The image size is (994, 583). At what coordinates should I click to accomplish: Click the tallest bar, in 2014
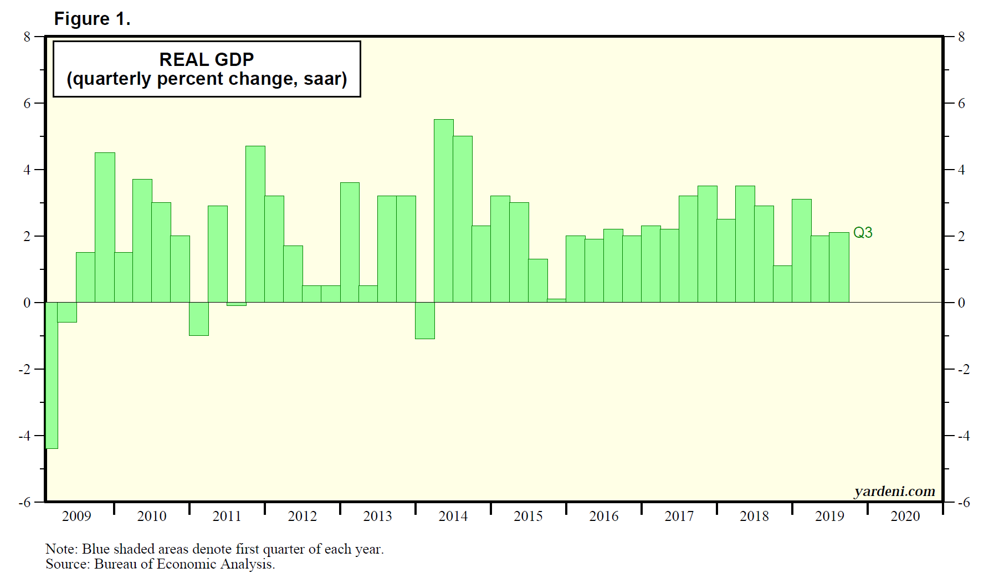pos(444,211)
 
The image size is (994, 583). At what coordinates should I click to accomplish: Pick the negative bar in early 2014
pos(425,320)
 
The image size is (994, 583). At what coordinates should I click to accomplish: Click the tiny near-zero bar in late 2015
pos(556,300)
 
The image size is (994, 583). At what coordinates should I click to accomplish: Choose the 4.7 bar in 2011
pos(255,224)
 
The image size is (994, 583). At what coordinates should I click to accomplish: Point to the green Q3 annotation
pos(863,233)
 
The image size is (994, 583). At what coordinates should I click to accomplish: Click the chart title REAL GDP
pos(207,59)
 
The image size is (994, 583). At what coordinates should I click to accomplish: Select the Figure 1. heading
pos(92,19)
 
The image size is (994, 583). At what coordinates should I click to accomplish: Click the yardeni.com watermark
pos(894,491)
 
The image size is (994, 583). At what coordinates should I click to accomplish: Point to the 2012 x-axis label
pos(302,516)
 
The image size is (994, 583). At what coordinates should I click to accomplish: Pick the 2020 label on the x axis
pos(905,516)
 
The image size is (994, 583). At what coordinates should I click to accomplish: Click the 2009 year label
pos(76,516)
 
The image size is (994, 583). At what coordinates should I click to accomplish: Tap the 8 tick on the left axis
pos(27,37)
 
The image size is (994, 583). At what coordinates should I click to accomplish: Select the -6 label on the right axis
pos(964,503)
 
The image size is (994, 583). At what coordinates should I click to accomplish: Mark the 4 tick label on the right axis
pos(961,170)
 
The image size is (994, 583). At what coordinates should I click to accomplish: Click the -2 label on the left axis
pos(24,370)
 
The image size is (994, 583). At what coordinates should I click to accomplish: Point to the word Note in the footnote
pos(61,549)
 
